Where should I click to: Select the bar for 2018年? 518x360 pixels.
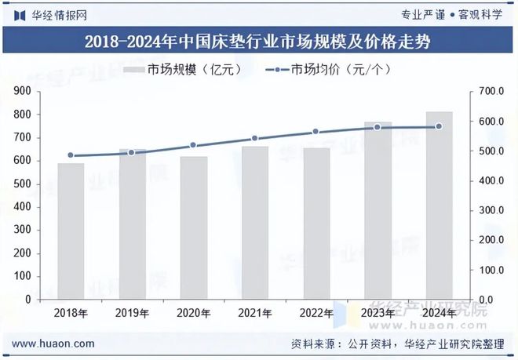[x=71, y=231]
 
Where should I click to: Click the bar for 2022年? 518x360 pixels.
[x=316, y=224]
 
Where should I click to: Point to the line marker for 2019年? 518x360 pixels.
[x=132, y=152]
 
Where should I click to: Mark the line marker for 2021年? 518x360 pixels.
[x=254, y=139]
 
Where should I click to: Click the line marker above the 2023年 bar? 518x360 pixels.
[x=378, y=126]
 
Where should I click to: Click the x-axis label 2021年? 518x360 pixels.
[x=254, y=313]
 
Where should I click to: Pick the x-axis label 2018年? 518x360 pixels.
[x=71, y=313]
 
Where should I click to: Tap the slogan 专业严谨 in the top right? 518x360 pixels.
[x=422, y=15]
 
